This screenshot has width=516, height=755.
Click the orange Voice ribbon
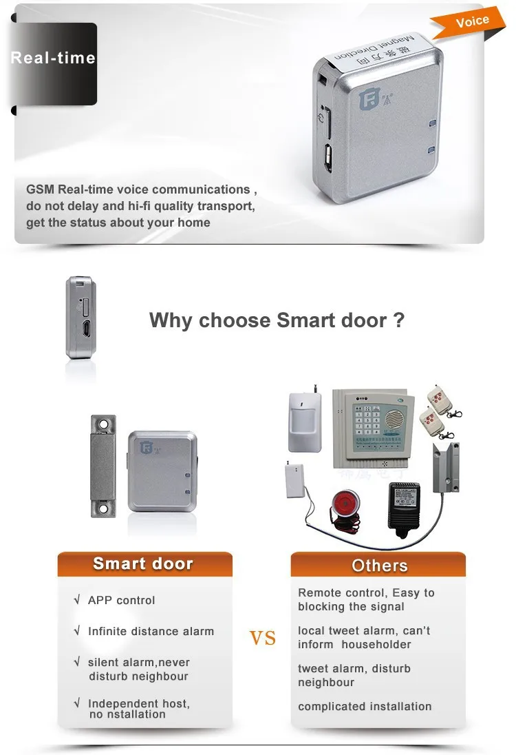click(472, 21)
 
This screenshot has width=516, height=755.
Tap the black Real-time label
click(53, 59)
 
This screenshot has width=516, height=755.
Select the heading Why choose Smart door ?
click(277, 320)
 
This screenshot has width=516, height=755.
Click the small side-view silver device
click(80, 318)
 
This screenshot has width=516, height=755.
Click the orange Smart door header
click(143, 564)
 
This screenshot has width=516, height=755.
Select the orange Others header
click(379, 566)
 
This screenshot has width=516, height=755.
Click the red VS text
click(263, 638)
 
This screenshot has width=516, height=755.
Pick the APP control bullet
click(121, 600)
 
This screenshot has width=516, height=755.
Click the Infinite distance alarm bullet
click(151, 631)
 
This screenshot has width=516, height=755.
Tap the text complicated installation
click(365, 706)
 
